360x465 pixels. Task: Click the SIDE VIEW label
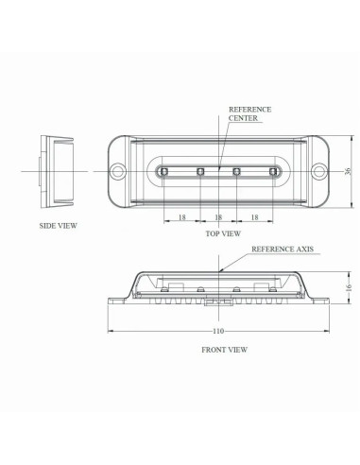pyautogui.click(x=58, y=226)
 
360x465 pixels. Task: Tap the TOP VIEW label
pyautogui.click(x=223, y=232)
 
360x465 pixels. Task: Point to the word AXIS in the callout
pyautogui.click(x=300, y=250)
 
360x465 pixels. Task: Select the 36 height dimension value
pyautogui.click(x=348, y=171)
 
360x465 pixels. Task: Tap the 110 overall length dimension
pyautogui.click(x=219, y=331)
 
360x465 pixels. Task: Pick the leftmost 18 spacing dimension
pyautogui.click(x=181, y=216)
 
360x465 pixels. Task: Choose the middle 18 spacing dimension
pyautogui.click(x=219, y=216)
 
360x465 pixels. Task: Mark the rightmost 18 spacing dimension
pyautogui.click(x=255, y=216)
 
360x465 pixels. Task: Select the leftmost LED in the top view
pyautogui.click(x=165, y=171)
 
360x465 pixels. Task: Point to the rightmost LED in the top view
pyautogui.click(x=274, y=171)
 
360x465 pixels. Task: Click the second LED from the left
pyautogui.click(x=201, y=171)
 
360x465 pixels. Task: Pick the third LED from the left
pyautogui.click(x=237, y=171)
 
